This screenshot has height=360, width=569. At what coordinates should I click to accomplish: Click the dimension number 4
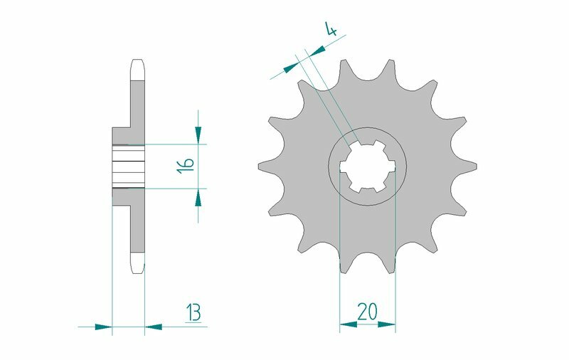pyautogui.click(x=331, y=29)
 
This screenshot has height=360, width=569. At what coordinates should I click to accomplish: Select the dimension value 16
pyautogui.click(x=185, y=165)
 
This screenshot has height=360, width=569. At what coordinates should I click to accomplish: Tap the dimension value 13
pyautogui.click(x=193, y=312)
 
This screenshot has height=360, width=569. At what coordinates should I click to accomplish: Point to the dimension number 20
pyautogui.click(x=368, y=312)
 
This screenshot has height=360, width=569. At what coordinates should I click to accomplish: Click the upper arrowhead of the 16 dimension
pyautogui.click(x=198, y=135)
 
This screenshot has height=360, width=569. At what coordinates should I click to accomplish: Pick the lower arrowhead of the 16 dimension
pyautogui.click(x=198, y=197)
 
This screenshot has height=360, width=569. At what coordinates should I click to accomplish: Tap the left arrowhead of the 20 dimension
pyautogui.click(x=348, y=325)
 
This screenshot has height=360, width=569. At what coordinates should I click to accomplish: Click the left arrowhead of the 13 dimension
pyautogui.click(x=103, y=327)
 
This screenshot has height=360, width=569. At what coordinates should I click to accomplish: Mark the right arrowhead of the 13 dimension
pyautogui.click(x=154, y=327)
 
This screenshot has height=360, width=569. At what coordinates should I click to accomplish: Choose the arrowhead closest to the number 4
pyautogui.click(x=317, y=48)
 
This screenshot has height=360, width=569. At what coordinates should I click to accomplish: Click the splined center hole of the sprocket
pyautogui.click(x=367, y=165)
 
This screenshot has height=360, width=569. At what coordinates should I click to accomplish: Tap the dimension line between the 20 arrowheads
pyautogui.click(x=367, y=325)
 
